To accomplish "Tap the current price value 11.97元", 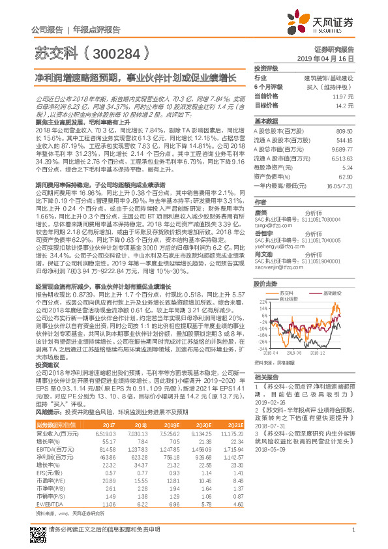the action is click(x=344, y=95).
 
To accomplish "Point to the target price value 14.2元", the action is click(x=346, y=104).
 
